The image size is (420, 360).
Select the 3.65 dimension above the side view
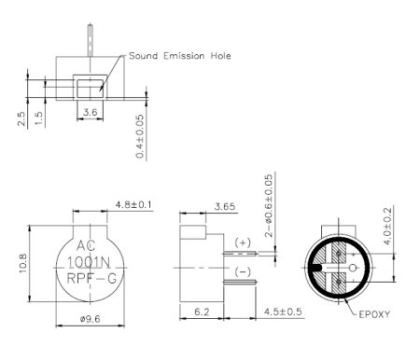[x=225, y=205]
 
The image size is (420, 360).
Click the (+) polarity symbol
[x=245, y=242]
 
